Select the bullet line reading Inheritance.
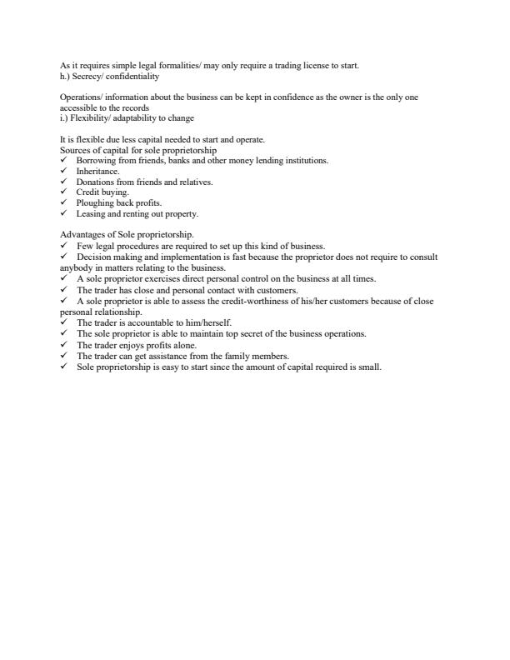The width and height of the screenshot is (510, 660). (x=98, y=171)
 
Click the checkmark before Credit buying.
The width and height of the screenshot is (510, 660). (x=63, y=192)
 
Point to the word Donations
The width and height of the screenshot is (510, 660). (x=95, y=182)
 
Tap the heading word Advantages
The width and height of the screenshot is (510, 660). (x=81, y=235)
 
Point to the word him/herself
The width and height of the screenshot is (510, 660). (x=208, y=322)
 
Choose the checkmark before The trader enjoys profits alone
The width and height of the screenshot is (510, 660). (x=63, y=344)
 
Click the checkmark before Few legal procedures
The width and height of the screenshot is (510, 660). (x=63, y=246)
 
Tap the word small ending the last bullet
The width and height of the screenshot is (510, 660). (x=369, y=366)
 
